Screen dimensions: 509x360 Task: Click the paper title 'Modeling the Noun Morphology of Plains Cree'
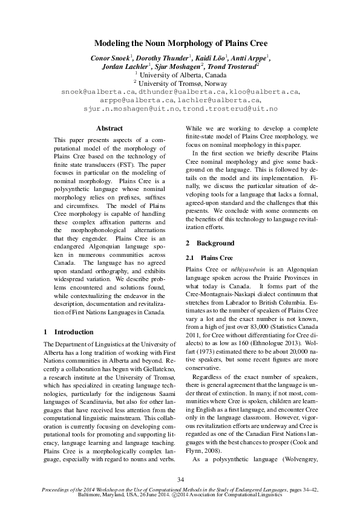coord(180,44)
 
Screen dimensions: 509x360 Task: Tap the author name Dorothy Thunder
coord(164,57)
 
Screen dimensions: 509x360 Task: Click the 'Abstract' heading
coord(110,128)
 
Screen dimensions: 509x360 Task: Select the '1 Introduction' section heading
coord(69,332)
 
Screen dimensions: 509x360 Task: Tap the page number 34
coord(180,480)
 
